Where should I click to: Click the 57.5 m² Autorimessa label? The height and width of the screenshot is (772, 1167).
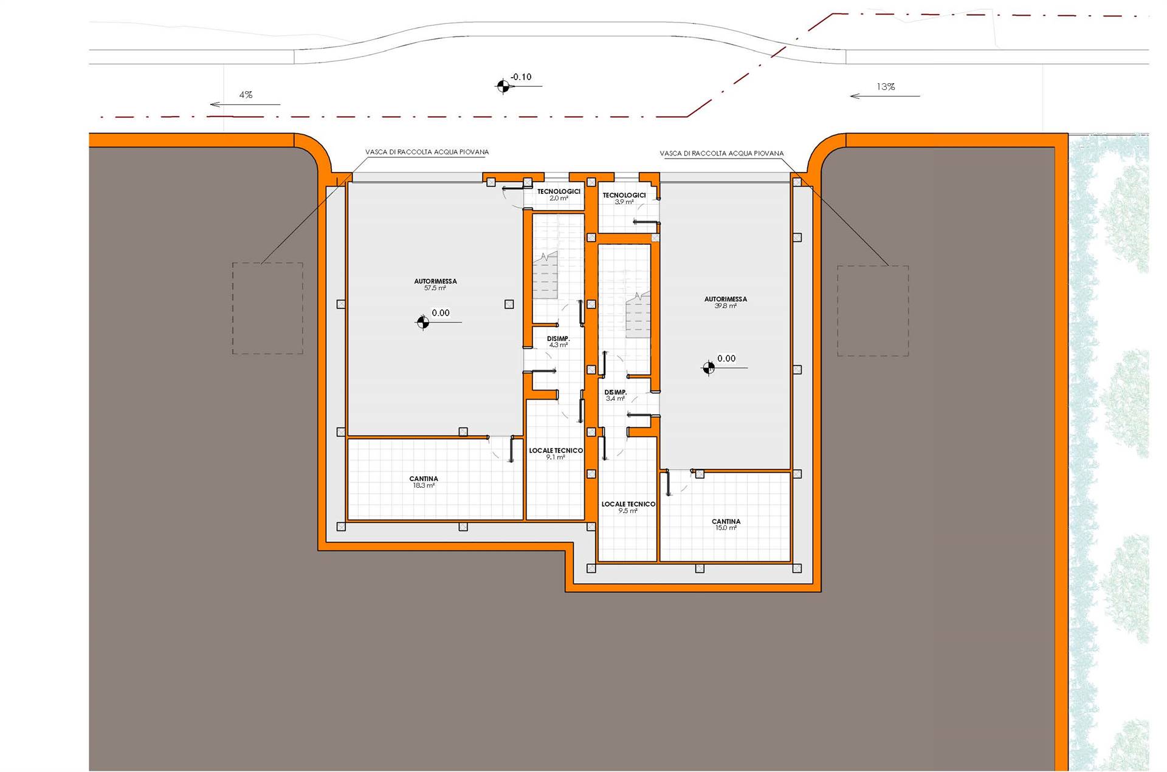click(435, 284)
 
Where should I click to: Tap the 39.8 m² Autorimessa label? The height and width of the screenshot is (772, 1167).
click(725, 302)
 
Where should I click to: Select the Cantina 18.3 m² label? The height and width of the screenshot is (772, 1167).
click(424, 482)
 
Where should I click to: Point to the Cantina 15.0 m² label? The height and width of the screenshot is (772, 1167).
click(726, 524)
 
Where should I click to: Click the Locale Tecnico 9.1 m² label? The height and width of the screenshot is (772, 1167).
click(556, 454)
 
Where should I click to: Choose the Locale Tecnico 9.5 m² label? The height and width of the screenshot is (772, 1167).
click(628, 507)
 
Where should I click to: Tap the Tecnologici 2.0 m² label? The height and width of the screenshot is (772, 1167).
click(559, 194)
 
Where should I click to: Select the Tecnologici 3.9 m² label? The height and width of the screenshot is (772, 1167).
click(624, 198)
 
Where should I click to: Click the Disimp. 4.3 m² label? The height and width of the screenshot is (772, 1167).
click(558, 341)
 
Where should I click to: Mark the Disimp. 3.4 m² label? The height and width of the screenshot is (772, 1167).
click(615, 395)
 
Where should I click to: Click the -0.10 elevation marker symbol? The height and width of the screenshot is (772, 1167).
click(503, 86)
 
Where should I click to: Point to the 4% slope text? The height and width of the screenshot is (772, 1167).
click(246, 95)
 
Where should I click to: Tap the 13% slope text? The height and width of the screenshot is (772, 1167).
click(886, 87)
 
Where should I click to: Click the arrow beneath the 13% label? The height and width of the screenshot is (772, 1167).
click(885, 96)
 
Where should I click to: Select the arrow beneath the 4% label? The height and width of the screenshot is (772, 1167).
click(245, 104)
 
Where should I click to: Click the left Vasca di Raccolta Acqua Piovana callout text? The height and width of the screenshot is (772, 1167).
click(427, 152)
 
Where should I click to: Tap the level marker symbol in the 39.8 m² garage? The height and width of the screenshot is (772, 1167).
click(708, 367)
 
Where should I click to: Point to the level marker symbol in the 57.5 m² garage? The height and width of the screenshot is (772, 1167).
click(422, 322)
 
